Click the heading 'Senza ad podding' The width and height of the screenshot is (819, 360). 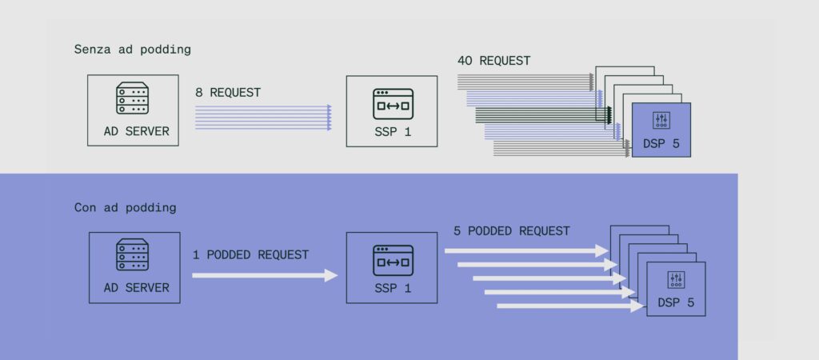tap(133, 50)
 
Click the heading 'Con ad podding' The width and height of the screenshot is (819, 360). tap(126, 208)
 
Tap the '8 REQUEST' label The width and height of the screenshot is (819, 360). tap(228, 93)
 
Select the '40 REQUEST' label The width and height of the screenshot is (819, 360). tap(493, 61)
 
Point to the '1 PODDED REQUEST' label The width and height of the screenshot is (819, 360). tap(250, 255)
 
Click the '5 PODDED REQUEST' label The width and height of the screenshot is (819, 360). tap(511, 231)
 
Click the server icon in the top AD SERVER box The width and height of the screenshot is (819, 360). tap(132, 98)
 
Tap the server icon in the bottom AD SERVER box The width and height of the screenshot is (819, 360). tap(132, 254)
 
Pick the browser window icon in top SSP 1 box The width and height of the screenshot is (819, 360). tap(394, 104)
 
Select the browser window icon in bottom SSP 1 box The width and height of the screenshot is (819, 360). tap(394, 260)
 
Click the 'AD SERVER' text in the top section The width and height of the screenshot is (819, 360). tap(136, 131)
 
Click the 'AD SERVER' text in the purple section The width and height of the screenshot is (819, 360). tap(136, 288)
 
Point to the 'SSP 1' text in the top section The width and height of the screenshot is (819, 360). tap(393, 132)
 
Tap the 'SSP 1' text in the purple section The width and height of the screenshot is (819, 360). tap(393, 288)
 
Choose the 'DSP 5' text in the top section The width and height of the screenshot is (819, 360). tap(661, 144)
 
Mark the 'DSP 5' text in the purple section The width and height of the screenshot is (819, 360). tap(676, 302)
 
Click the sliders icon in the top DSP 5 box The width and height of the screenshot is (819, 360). tap(661, 121)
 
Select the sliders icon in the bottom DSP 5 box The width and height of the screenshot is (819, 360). tap(676, 280)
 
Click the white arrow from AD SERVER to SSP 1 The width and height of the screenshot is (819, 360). tap(266, 275)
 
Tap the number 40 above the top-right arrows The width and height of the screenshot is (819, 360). tap(465, 61)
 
